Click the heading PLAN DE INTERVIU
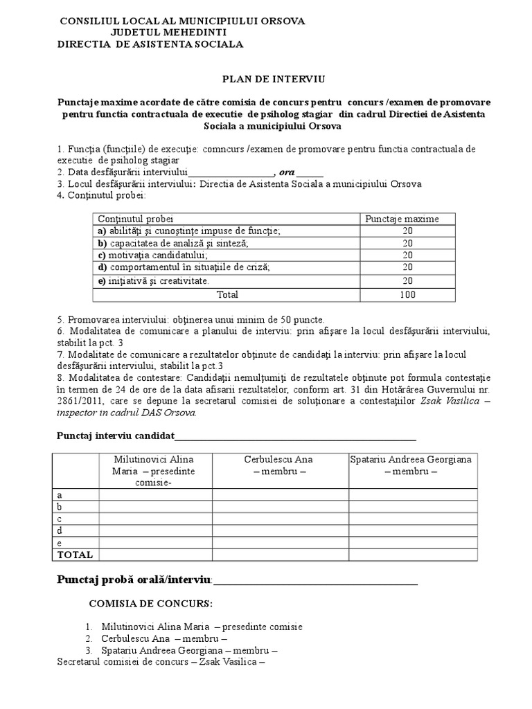[267, 80]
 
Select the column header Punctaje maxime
[402, 219]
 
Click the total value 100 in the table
[407, 294]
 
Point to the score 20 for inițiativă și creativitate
[407, 280]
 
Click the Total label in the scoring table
[227, 294]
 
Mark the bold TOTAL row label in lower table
[74, 555]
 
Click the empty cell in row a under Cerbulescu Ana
[279, 494]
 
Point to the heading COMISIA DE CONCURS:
[151, 604]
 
